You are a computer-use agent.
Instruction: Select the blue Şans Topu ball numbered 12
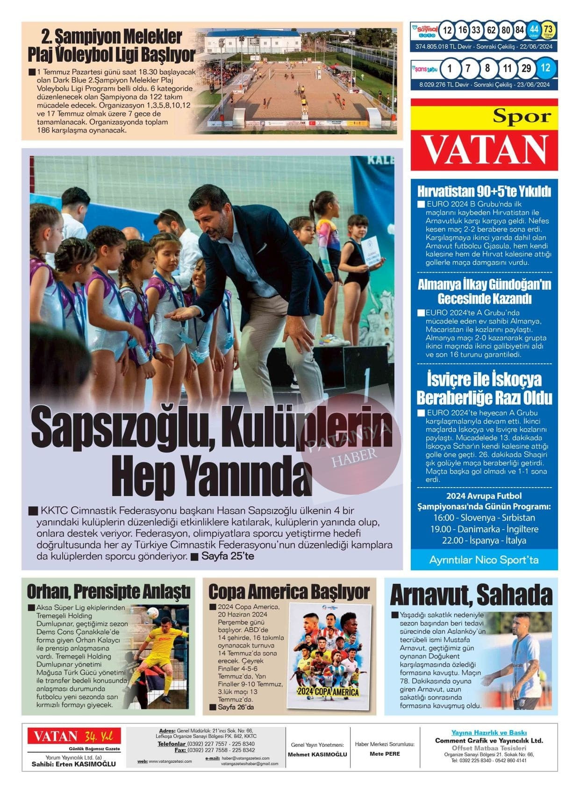(x=545, y=68)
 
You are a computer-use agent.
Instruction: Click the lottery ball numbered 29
(x=526, y=69)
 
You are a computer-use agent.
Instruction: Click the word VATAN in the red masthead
(x=485, y=150)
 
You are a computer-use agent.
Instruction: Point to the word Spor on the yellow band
(x=522, y=116)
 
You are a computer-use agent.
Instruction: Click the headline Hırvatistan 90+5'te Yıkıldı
(x=484, y=191)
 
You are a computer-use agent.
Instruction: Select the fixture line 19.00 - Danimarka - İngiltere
(x=484, y=529)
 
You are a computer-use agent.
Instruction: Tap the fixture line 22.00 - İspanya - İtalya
(x=484, y=540)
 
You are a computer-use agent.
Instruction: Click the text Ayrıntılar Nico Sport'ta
(x=484, y=560)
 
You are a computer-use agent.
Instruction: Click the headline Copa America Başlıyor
(x=289, y=592)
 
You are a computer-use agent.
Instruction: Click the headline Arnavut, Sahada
(x=471, y=595)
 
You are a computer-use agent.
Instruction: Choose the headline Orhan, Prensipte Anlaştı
(x=108, y=591)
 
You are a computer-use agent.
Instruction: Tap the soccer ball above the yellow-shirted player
(x=153, y=613)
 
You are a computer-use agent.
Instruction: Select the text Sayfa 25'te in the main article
(x=228, y=556)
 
